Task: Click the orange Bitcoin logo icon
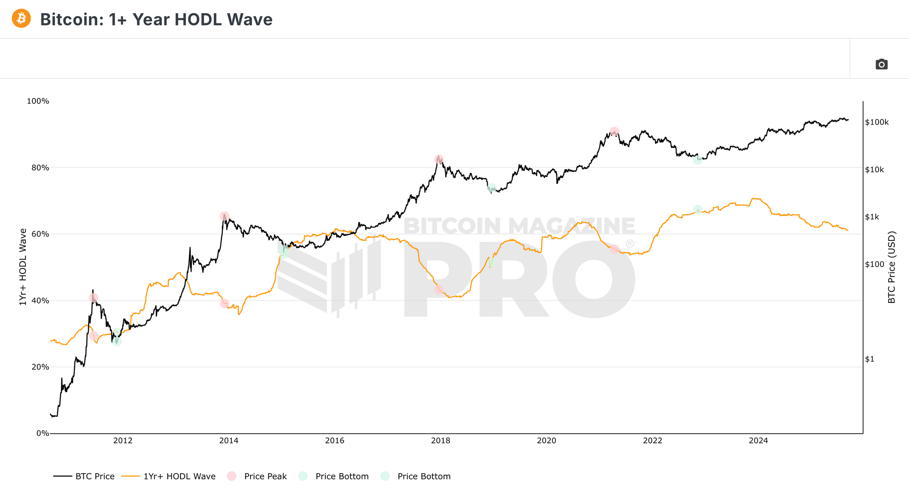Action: coord(21,19)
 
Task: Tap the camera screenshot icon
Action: coord(881,65)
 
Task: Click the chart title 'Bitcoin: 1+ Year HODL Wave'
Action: coord(156,20)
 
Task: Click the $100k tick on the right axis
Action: coord(877,122)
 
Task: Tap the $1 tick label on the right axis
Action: coord(869,359)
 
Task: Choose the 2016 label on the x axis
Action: coord(335,441)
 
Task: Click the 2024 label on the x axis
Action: coord(758,441)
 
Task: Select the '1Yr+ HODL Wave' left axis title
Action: coord(23,267)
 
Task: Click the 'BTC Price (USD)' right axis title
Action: coord(892,267)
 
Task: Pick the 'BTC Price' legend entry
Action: coord(84,476)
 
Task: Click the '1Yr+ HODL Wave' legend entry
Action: coord(169,476)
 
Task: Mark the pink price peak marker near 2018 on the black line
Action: coord(439,159)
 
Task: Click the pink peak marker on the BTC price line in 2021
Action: coord(614,132)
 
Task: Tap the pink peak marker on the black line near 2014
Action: coord(224,216)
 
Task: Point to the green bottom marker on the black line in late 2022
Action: coord(698,160)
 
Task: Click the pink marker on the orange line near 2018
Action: coord(439,290)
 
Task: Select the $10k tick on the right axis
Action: coord(874,170)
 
